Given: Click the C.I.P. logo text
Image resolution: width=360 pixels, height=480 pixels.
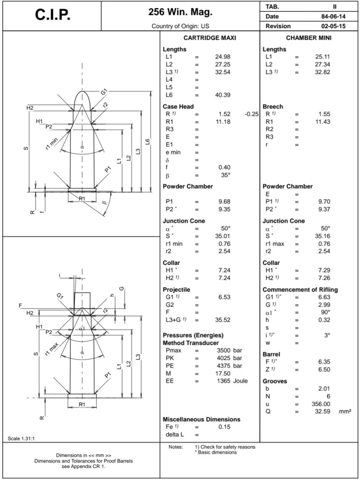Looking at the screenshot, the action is pos(52,15).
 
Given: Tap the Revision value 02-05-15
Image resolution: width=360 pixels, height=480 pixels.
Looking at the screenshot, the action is pos(333,26).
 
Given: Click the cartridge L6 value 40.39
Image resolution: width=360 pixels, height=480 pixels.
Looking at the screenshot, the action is pos(223,95).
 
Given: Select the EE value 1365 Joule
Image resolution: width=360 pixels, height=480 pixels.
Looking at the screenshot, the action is pos(232,381).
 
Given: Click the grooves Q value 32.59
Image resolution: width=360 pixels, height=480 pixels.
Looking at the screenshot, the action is pos(322,412).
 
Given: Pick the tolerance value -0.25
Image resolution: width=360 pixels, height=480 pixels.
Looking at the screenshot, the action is pos(252,114).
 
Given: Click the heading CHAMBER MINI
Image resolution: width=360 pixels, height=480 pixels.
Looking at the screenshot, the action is pos(308,38).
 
